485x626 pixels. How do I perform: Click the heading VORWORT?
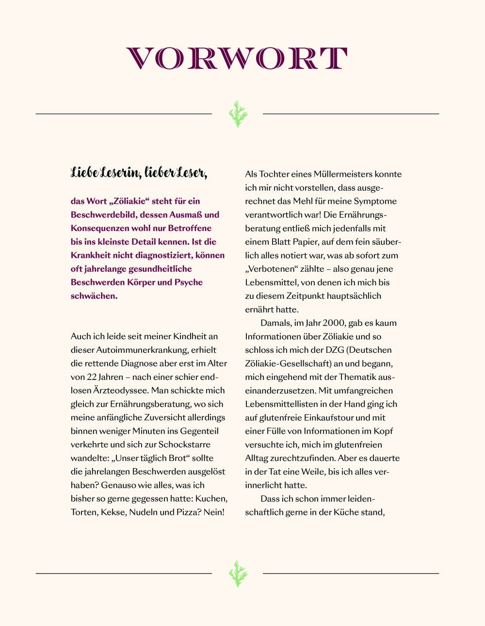237,59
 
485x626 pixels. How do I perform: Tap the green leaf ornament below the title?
238,114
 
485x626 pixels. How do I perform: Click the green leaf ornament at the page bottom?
238,574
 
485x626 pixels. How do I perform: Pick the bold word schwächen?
94,296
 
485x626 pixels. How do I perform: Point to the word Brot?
181,458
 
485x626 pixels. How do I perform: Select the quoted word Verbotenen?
273,269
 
